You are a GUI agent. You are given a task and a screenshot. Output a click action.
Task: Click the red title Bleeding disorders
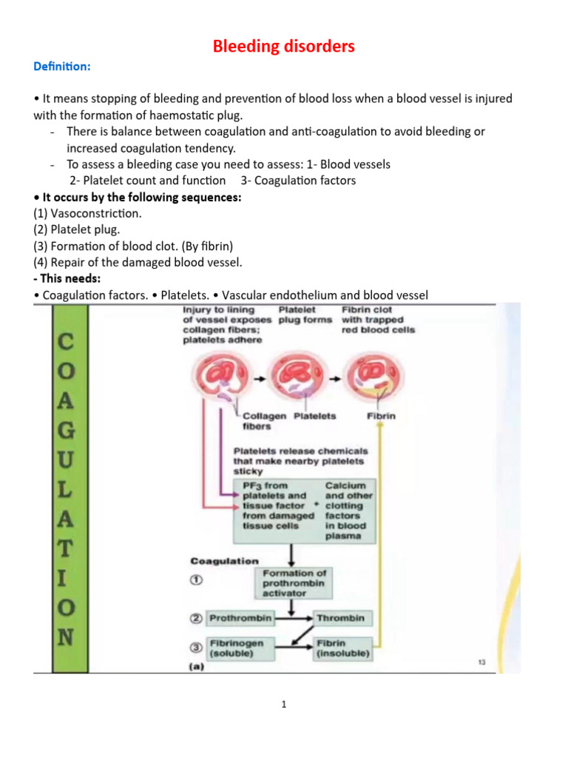tap(284, 47)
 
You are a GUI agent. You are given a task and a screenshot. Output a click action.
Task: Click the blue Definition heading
tap(62, 67)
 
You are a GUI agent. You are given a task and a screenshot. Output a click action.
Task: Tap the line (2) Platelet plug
tap(77, 229)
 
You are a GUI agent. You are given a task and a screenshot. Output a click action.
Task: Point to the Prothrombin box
tap(240, 618)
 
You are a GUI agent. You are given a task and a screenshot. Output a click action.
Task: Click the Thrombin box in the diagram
tap(340, 618)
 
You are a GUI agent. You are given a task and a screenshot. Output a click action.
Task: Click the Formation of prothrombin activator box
tap(294, 583)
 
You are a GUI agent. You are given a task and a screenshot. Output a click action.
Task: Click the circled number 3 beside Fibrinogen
tap(196, 649)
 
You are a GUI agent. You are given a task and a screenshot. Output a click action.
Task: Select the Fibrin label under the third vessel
tap(381, 416)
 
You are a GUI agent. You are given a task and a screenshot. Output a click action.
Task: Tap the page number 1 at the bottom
tap(283, 705)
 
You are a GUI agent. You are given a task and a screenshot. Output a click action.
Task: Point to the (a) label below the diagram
tap(198, 666)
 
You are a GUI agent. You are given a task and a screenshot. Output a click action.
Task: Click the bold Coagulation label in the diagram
tap(225, 561)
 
